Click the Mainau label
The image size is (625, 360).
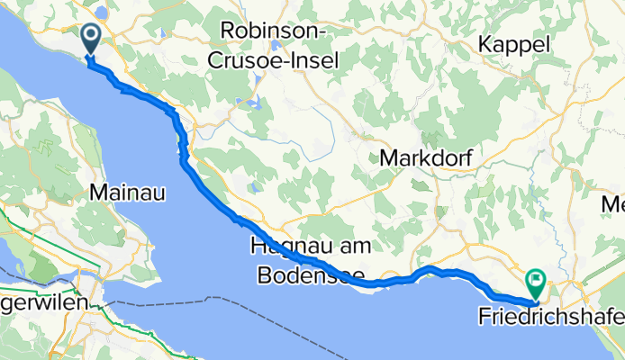point(126,191)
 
